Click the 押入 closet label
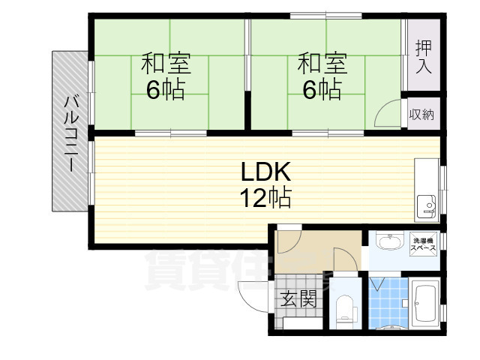424,56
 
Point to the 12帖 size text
265,198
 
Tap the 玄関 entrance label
298,300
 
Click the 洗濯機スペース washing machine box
424,244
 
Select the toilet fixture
345,307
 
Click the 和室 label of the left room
166,62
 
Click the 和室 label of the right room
322,62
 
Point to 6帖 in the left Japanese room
166,90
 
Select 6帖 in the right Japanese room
322,90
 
